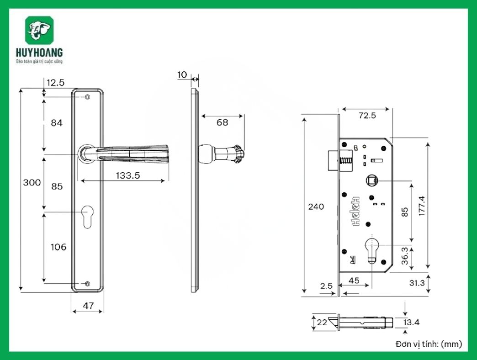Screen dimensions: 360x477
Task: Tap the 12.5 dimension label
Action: click(x=55, y=82)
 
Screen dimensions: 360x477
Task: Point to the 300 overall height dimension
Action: click(x=32, y=182)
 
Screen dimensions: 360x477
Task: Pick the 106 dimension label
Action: click(x=58, y=247)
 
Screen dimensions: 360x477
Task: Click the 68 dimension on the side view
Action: click(x=222, y=122)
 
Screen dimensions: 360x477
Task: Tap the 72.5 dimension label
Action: click(x=367, y=116)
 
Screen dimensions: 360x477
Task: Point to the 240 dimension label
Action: click(x=316, y=206)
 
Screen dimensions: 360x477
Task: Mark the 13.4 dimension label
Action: click(x=411, y=323)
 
